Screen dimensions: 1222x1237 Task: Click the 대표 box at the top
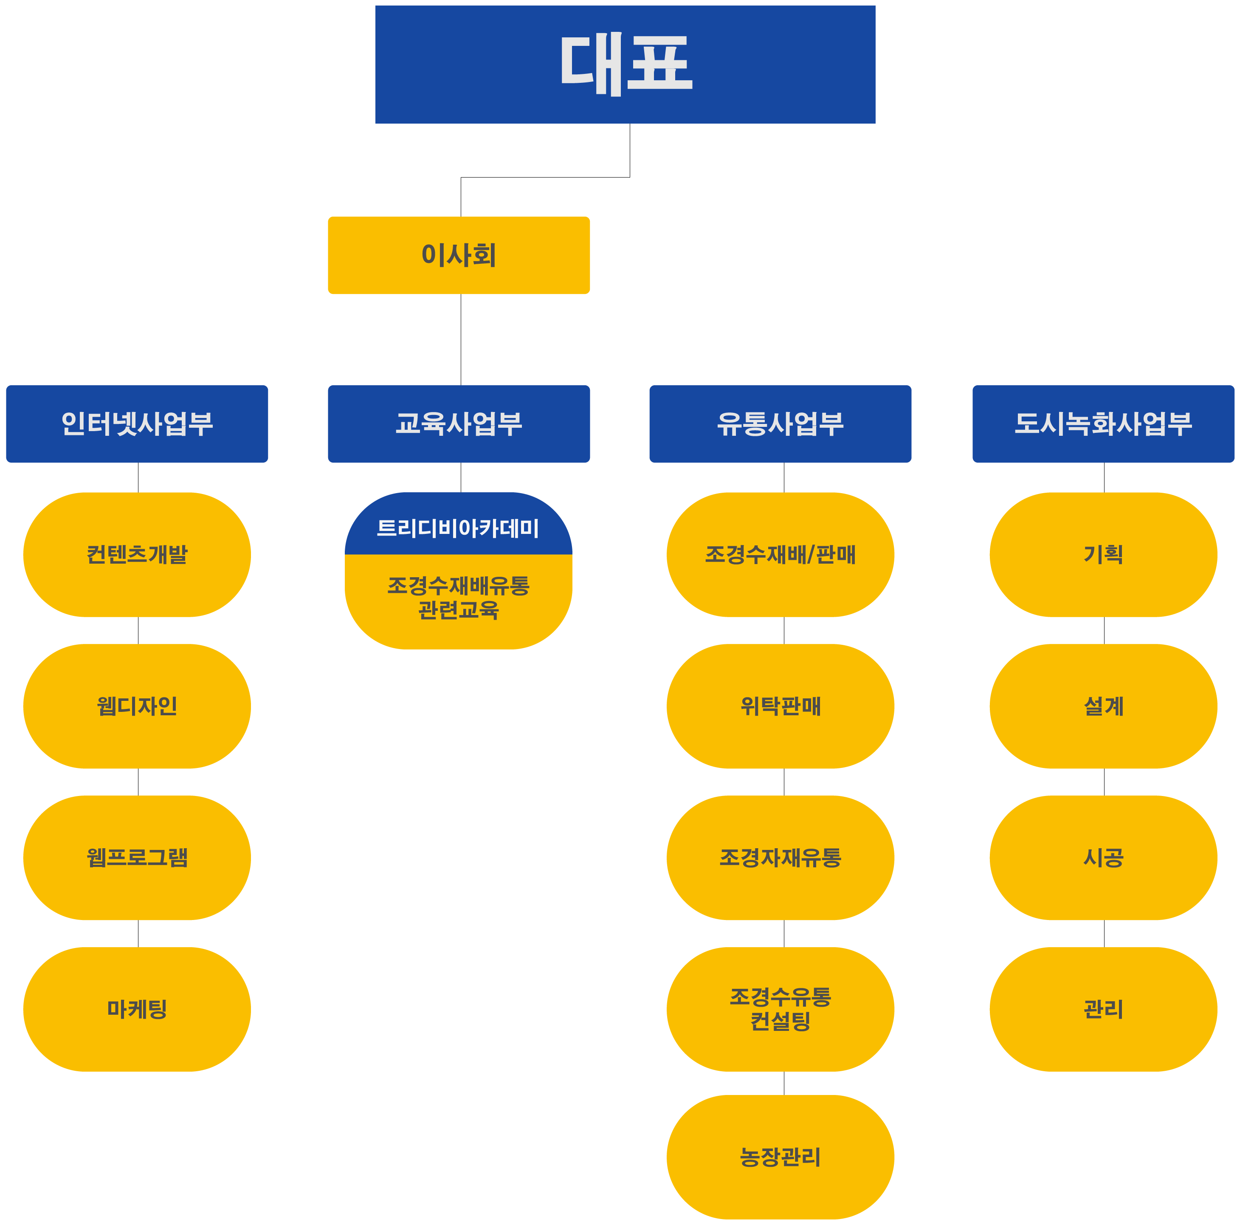coord(625,64)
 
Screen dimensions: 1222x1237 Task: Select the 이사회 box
coord(459,255)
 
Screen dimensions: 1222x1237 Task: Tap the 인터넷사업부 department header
coord(137,423)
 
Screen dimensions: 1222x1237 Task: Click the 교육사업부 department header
coord(459,423)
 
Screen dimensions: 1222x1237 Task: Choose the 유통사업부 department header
coord(780,423)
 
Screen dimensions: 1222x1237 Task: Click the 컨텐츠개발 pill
coord(137,554)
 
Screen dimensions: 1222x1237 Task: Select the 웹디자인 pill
coord(137,706)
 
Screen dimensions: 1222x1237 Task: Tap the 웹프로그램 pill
coord(137,857)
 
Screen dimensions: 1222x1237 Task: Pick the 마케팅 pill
coord(137,1009)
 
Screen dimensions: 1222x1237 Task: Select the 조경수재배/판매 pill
coord(780,554)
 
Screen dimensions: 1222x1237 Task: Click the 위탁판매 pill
coord(780,706)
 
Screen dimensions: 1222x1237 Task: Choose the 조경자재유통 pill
coord(780,857)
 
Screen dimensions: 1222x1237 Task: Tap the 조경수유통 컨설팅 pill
coord(780,1009)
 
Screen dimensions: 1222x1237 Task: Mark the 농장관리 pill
coord(780,1157)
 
